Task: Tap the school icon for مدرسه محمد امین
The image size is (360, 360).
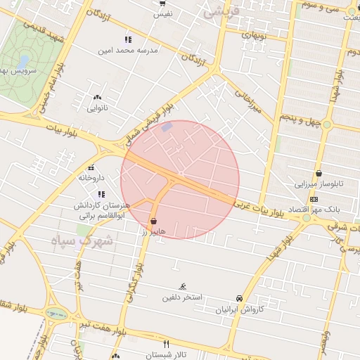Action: click(x=127, y=39)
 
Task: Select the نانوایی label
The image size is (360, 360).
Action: click(x=97, y=108)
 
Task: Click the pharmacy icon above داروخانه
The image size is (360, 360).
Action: click(x=91, y=167)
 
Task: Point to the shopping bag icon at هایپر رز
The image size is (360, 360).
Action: click(x=153, y=221)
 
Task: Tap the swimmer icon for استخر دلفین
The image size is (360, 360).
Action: click(x=183, y=286)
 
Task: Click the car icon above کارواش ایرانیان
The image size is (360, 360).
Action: click(x=239, y=298)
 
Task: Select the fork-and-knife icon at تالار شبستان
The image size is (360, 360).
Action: click(x=167, y=344)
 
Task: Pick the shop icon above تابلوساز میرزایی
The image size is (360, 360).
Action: click(x=319, y=173)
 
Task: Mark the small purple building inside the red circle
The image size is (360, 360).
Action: click(x=166, y=127)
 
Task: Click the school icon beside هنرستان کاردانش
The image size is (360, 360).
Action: click(x=101, y=194)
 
